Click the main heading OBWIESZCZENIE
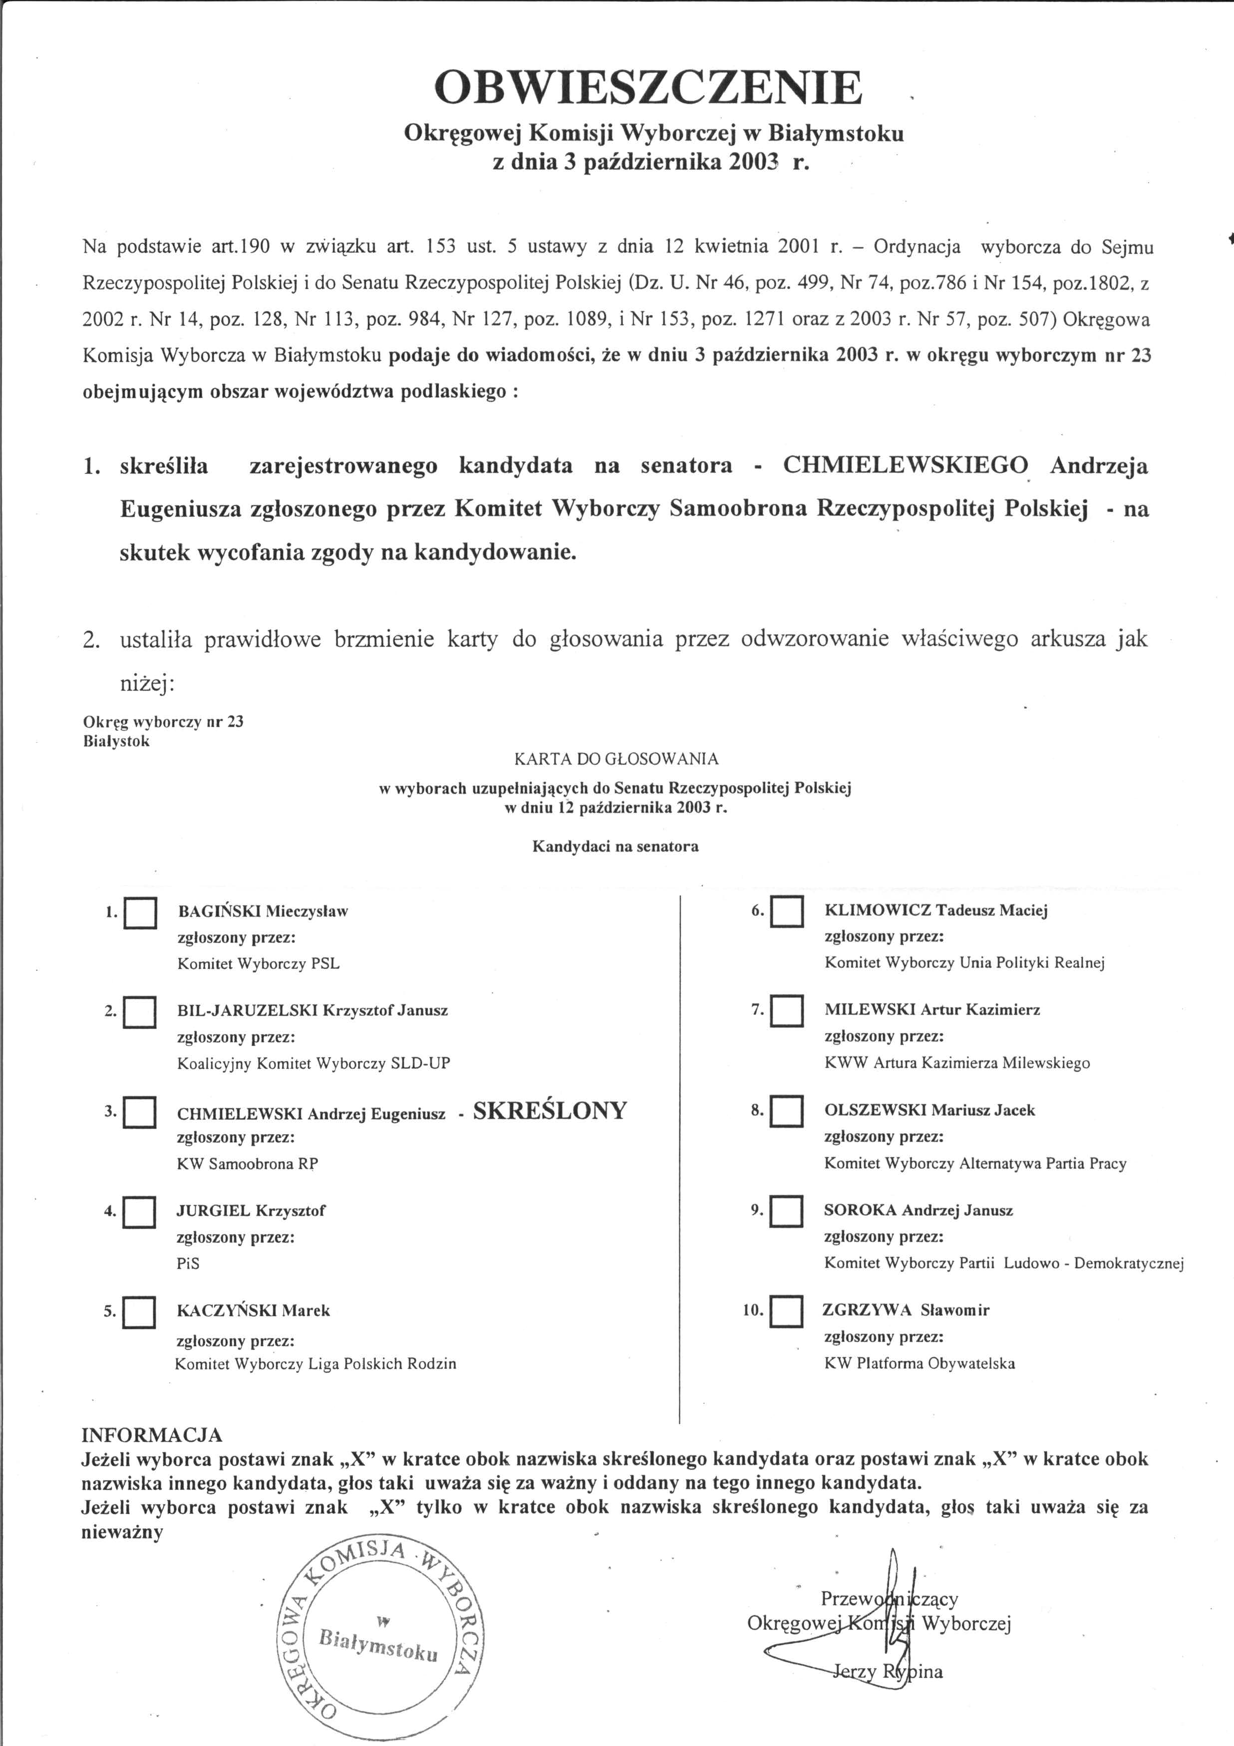(648, 88)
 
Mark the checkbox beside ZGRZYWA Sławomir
(786, 1311)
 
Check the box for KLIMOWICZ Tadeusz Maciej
(786, 912)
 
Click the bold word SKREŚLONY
(550, 1111)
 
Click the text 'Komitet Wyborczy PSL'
(259, 963)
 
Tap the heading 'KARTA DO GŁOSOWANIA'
(616, 758)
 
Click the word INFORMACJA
(152, 1435)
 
